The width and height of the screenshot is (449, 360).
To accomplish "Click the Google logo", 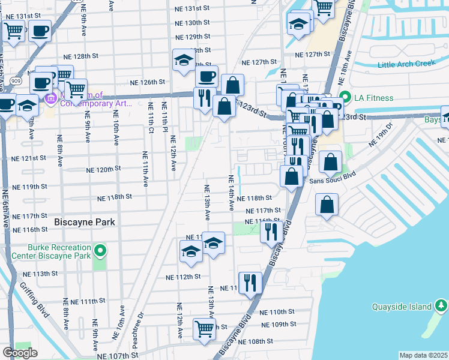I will point(20,353).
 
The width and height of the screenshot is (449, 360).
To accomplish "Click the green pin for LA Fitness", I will point(345,97).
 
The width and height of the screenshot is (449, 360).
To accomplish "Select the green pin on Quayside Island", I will point(442,307).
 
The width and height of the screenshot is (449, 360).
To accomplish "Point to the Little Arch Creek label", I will point(404,65).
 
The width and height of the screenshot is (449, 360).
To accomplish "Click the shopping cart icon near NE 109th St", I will point(204,329).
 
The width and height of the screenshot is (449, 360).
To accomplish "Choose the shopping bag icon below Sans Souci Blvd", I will point(326,205).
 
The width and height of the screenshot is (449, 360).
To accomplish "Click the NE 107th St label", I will point(112,356).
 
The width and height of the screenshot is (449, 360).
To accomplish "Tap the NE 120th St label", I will point(104,170).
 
